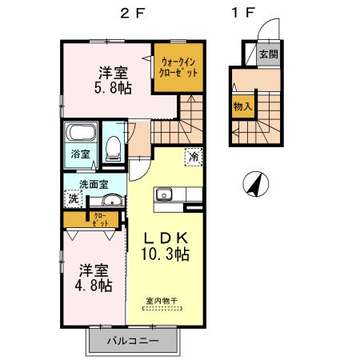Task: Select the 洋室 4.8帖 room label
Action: (94, 277)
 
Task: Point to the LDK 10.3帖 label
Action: (166, 246)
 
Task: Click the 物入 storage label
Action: (243, 106)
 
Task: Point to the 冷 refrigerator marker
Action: (194, 158)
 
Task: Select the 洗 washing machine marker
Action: (74, 198)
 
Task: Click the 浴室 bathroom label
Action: (79, 153)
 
